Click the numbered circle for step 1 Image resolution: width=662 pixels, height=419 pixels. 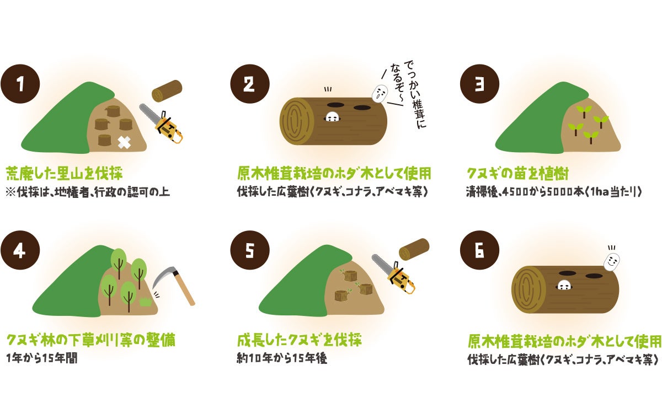[20, 84]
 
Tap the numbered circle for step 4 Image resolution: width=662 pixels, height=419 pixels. [20, 250]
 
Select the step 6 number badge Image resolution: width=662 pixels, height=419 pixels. [479, 250]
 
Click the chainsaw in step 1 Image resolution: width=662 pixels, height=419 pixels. [161, 124]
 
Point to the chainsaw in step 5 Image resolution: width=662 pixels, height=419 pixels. [393, 275]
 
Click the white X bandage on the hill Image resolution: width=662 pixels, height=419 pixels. [124, 143]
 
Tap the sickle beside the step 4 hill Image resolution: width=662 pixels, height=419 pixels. [174, 284]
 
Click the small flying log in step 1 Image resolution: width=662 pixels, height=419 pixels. [167, 90]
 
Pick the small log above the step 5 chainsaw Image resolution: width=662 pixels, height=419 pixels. [414, 249]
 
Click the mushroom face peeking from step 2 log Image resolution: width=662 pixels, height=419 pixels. [332, 117]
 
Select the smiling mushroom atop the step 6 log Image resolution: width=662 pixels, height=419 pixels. [611, 262]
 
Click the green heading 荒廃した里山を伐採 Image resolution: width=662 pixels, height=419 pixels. [64, 173]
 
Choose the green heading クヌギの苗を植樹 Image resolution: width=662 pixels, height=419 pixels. [518, 174]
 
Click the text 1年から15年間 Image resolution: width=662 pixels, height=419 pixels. [42, 358]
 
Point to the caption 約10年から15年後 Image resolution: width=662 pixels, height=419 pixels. [282, 358]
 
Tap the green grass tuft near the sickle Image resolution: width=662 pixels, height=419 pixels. [146, 302]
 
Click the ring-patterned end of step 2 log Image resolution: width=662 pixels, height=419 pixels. [296, 121]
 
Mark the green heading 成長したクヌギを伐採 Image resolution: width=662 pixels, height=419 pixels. [300, 340]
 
